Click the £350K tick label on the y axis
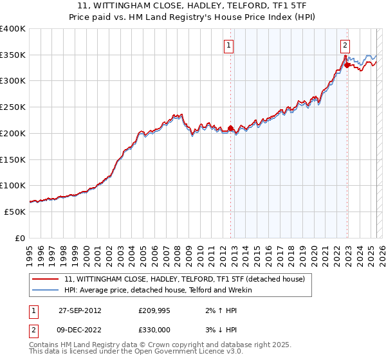[x=13, y=55]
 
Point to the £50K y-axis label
[x=15, y=212]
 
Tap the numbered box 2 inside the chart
[x=345, y=45]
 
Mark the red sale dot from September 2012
[x=230, y=128]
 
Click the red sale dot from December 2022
[x=347, y=65]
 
